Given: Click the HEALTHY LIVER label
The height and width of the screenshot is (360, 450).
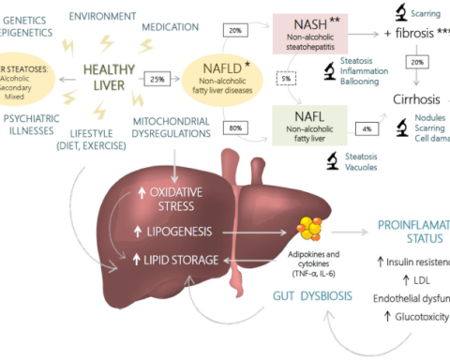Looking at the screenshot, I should pos(109,77).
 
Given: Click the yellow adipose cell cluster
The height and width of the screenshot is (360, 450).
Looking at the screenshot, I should pos(310,228).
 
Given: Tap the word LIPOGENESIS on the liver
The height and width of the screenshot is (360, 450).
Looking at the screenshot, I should pos(179,231).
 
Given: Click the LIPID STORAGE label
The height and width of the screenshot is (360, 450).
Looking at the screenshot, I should pos(177,259).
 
